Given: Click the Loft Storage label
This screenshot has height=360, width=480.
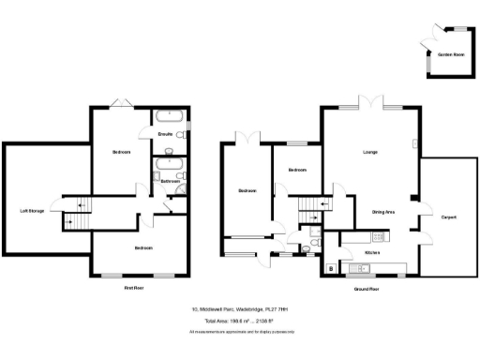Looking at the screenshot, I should point(32,210).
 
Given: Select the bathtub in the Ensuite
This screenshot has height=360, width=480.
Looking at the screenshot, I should point(168,119).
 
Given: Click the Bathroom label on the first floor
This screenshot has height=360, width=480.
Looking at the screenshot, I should point(170,180).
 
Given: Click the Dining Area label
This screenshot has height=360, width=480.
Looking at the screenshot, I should point(382,213).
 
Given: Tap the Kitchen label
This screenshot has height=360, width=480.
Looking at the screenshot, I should point(371,252).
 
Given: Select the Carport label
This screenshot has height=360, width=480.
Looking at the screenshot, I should point(449,217).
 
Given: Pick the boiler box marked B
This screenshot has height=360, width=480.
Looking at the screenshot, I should point(330,270).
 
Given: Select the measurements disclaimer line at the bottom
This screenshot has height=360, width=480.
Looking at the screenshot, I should point(242,332).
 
